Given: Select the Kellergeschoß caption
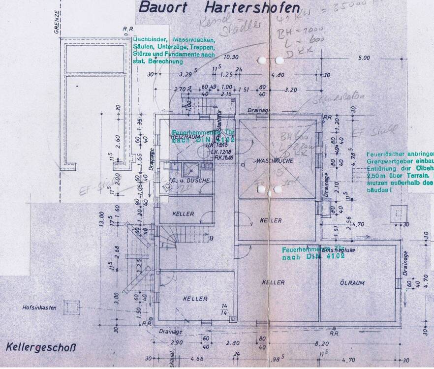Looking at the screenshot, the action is (41, 348).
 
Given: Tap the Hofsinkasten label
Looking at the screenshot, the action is (39, 308).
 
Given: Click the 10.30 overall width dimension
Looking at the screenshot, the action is (231, 57).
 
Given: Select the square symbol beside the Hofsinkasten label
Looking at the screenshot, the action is (71, 308).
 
